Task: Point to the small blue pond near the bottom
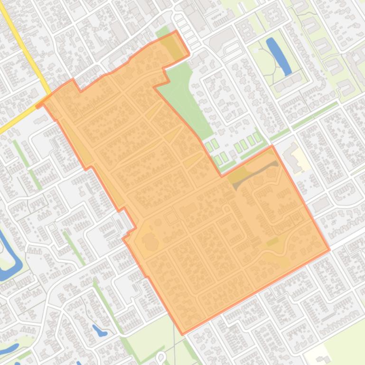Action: coord(100,330)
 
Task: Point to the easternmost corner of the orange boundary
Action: coord(329,249)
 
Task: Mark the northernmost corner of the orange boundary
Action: coord(177,31)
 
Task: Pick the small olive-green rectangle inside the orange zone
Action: coord(272,242)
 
